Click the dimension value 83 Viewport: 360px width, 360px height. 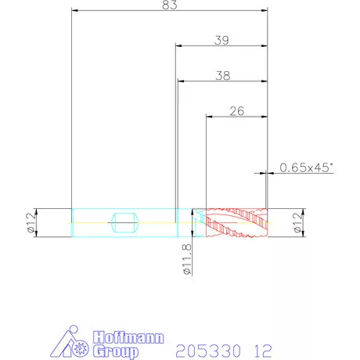click(170, 5)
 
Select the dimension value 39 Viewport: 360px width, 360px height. click(221, 40)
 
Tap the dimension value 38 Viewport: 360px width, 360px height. click(223, 76)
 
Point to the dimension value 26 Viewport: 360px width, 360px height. click(237, 111)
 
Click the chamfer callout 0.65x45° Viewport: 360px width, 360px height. click(307, 167)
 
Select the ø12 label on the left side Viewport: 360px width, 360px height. click(31, 222)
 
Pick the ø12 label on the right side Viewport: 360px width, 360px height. click(297, 222)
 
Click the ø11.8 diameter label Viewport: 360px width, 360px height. click(187, 259)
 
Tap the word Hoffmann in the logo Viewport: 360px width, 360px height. click(128, 337)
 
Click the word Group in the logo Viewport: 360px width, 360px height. click(116, 351)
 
